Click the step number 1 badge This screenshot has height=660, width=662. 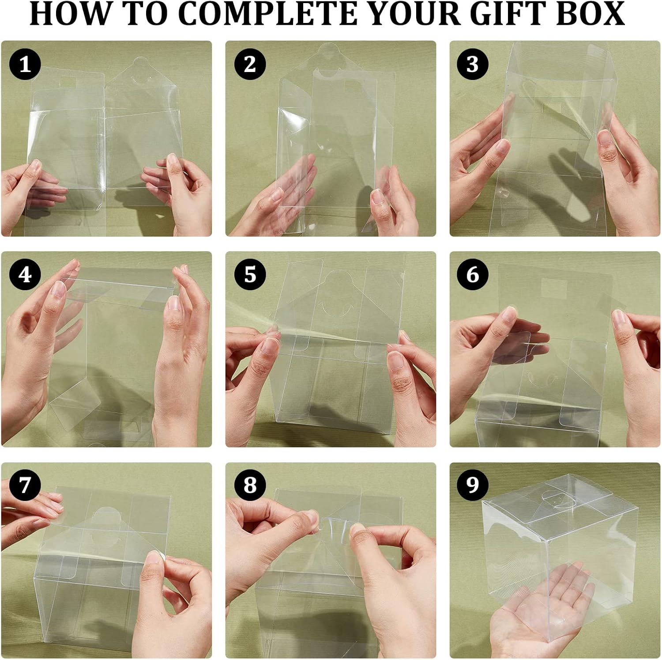click(x=25, y=64)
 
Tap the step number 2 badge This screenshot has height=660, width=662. click(x=250, y=64)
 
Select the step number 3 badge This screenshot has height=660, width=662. click(x=472, y=64)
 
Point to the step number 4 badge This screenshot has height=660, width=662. click(x=25, y=275)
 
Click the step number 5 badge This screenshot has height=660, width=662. click(x=250, y=275)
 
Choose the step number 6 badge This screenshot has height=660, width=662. click(x=472, y=275)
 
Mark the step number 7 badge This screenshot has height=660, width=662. click(x=25, y=485)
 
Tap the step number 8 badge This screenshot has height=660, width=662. click(x=250, y=485)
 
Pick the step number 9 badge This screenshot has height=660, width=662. click(x=472, y=485)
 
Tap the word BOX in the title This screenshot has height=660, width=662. click(x=594, y=14)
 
